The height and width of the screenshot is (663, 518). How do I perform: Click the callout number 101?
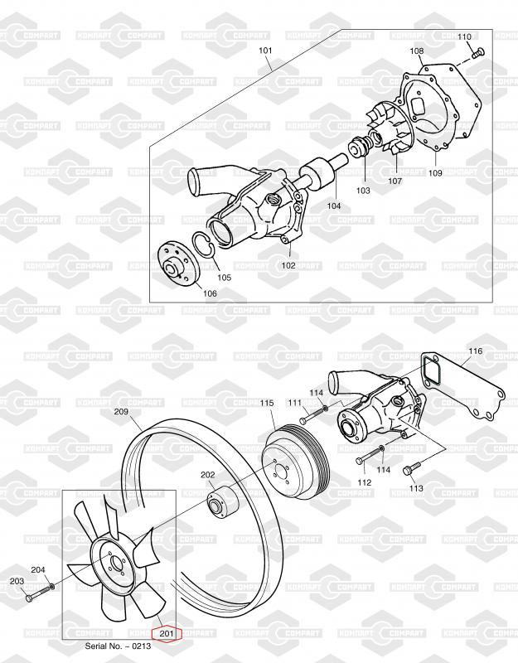[x=265, y=51]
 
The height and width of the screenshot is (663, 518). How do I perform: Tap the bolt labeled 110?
[x=478, y=53]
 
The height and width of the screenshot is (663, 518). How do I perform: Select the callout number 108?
[x=417, y=51]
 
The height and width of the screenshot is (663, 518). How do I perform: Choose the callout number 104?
[x=334, y=206]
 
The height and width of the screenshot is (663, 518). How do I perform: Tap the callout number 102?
[x=288, y=266]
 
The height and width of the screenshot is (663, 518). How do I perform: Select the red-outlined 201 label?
[x=167, y=633]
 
